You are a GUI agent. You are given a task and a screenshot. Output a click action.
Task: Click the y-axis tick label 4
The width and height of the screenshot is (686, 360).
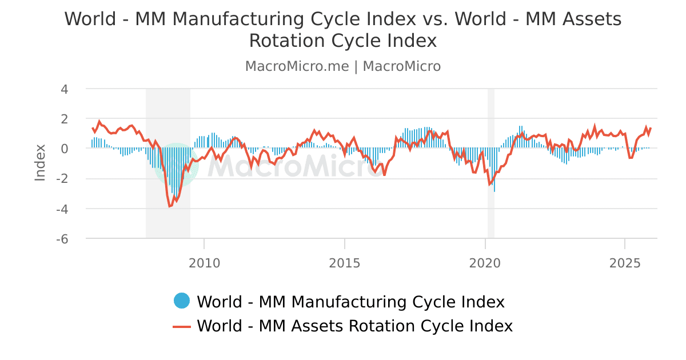click(64, 89)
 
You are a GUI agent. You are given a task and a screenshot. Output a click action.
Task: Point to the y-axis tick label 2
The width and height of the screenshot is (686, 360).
click(64, 119)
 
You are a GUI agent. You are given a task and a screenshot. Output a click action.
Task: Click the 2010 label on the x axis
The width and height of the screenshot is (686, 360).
click(204, 263)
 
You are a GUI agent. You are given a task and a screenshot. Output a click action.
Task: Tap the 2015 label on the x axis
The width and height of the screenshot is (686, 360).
click(345, 263)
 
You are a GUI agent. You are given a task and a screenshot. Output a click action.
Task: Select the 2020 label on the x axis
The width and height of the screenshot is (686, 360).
click(485, 263)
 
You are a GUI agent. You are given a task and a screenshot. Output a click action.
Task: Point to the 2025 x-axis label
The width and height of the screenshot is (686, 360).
click(625, 263)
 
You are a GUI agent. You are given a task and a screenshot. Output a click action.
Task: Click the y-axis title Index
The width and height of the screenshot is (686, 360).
click(40, 163)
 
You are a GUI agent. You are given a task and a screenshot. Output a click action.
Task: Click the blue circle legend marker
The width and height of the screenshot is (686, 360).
click(182, 301)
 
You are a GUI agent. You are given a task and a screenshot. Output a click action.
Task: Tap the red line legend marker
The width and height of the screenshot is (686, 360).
click(182, 326)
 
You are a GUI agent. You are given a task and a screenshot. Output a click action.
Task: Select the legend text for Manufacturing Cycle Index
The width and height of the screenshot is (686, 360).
click(350, 302)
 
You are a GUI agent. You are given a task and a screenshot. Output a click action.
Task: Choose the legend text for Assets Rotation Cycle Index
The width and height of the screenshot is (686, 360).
click(354, 326)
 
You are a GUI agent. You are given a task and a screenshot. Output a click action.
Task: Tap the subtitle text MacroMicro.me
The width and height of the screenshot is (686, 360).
click(297, 66)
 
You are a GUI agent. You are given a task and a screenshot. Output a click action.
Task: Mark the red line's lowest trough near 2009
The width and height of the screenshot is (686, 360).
click(170, 206)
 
